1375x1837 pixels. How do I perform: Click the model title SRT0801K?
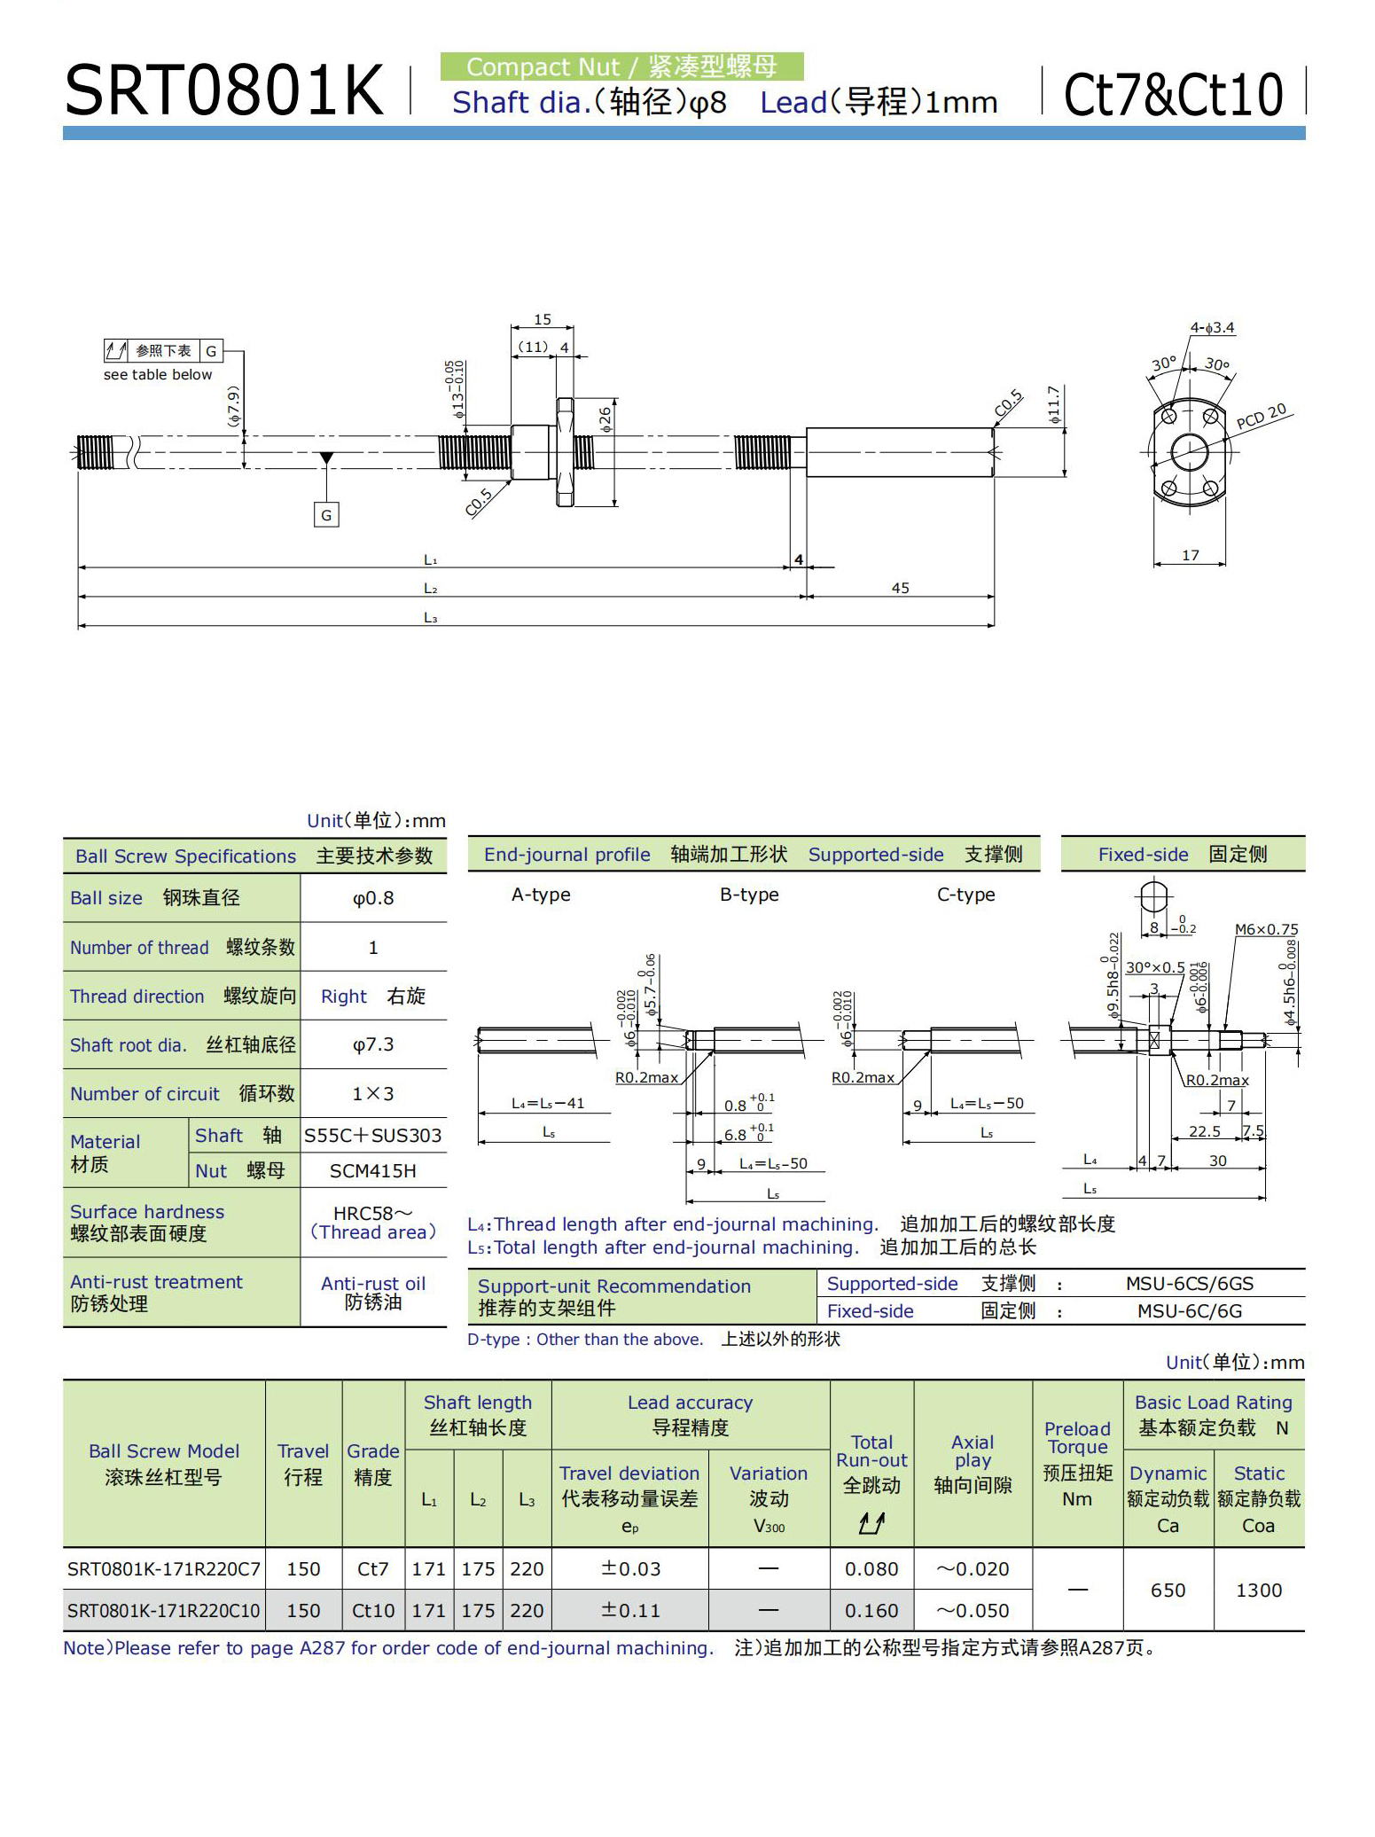(223, 91)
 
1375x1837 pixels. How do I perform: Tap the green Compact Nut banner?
(621, 66)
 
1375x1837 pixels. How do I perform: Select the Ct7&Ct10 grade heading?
(1172, 94)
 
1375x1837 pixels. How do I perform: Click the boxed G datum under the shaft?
(326, 514)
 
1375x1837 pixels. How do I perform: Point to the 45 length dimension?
(900, 588)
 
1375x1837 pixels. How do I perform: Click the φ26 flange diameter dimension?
(605, 418)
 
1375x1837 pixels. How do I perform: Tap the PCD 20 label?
(1261, 416)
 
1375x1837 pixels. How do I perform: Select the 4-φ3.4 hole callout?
(1212, 327)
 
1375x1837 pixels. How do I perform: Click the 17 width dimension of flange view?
(1190, 555)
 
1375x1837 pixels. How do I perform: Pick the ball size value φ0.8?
(373, 898)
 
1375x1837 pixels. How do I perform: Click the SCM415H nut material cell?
(373, 1170)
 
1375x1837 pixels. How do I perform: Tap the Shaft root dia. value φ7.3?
(373, 1044)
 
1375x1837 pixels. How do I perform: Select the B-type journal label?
(749, 895)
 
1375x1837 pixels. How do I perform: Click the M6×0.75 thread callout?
(1266, 929)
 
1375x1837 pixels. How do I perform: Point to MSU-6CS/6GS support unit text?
(1189, 1283)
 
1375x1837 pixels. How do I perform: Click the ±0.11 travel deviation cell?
(630, 1610)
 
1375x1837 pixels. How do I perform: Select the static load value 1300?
(1258, 1590)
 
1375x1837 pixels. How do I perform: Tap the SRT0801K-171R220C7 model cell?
(164, 1568)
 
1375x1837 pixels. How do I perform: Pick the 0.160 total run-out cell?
(871, 1610)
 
